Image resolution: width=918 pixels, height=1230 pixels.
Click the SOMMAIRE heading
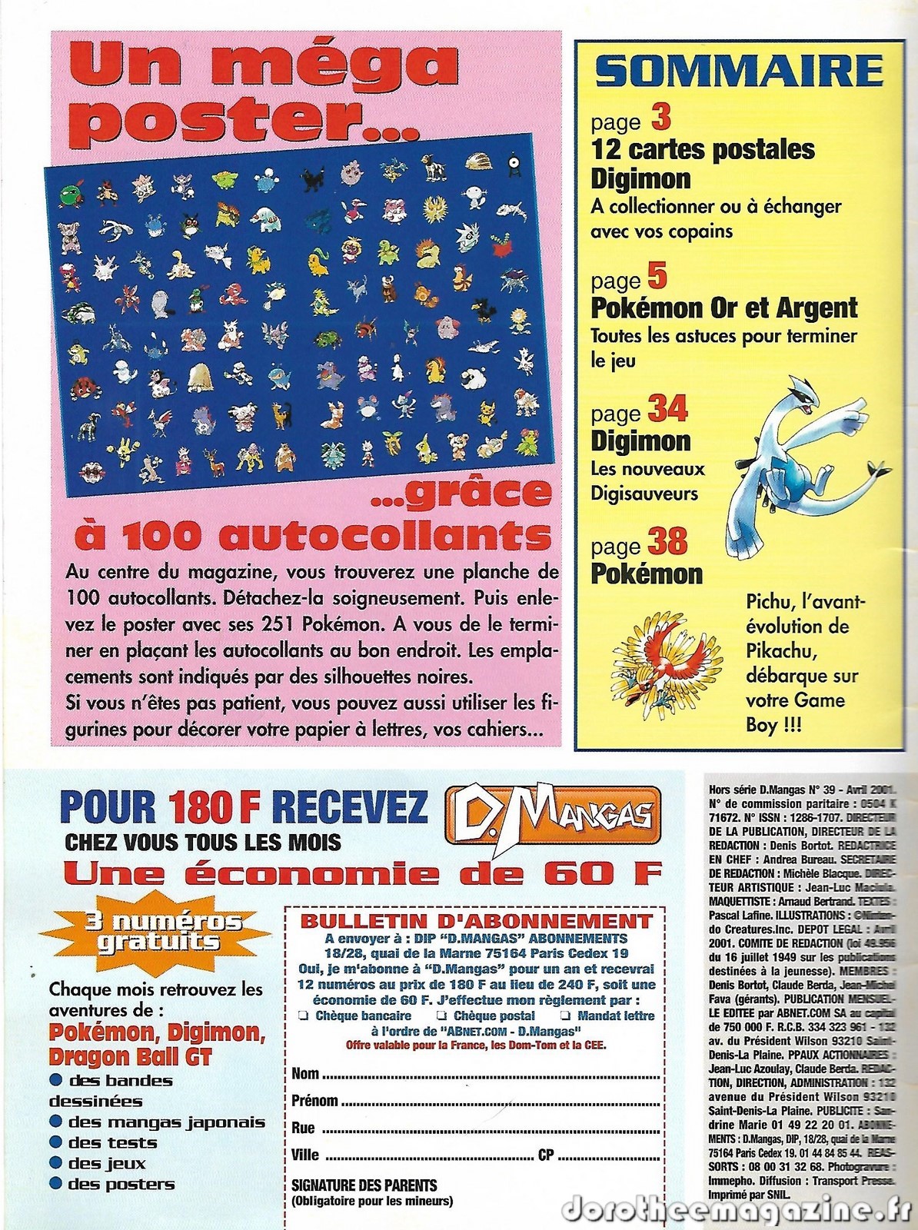pyautogui.click(x=740, y=71)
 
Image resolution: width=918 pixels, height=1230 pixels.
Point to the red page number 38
pyautogui.click(x=667, y=541)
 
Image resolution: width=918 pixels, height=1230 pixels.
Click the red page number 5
pyautogui.click(x=657, y=276)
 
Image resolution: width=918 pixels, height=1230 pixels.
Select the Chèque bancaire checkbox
pyautogui.click(x=301, y=1016)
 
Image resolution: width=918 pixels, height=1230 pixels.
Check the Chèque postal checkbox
pyautogui.click(x=441, y=1016)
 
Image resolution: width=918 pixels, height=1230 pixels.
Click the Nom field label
pyautogui.click(x=305, y=1073)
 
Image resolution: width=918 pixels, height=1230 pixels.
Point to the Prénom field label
pyautogui.click(x=314, y=1101)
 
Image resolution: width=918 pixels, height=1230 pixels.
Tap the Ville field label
pyautogui.click(x=305, y=1155)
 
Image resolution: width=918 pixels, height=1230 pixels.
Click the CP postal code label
pyautogui.click(x=546, y=1155)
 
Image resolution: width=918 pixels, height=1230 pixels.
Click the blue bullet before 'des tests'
pyautogui.click(x=55, y=1143)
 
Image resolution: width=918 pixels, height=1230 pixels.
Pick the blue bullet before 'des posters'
pyautogui.click(x=55, y=1185)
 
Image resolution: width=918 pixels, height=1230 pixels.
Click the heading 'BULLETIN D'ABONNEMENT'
pyautogui.click(x=476, y=921)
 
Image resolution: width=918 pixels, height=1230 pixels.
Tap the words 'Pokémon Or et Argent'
pyautogui.click(x=723, y=308)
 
